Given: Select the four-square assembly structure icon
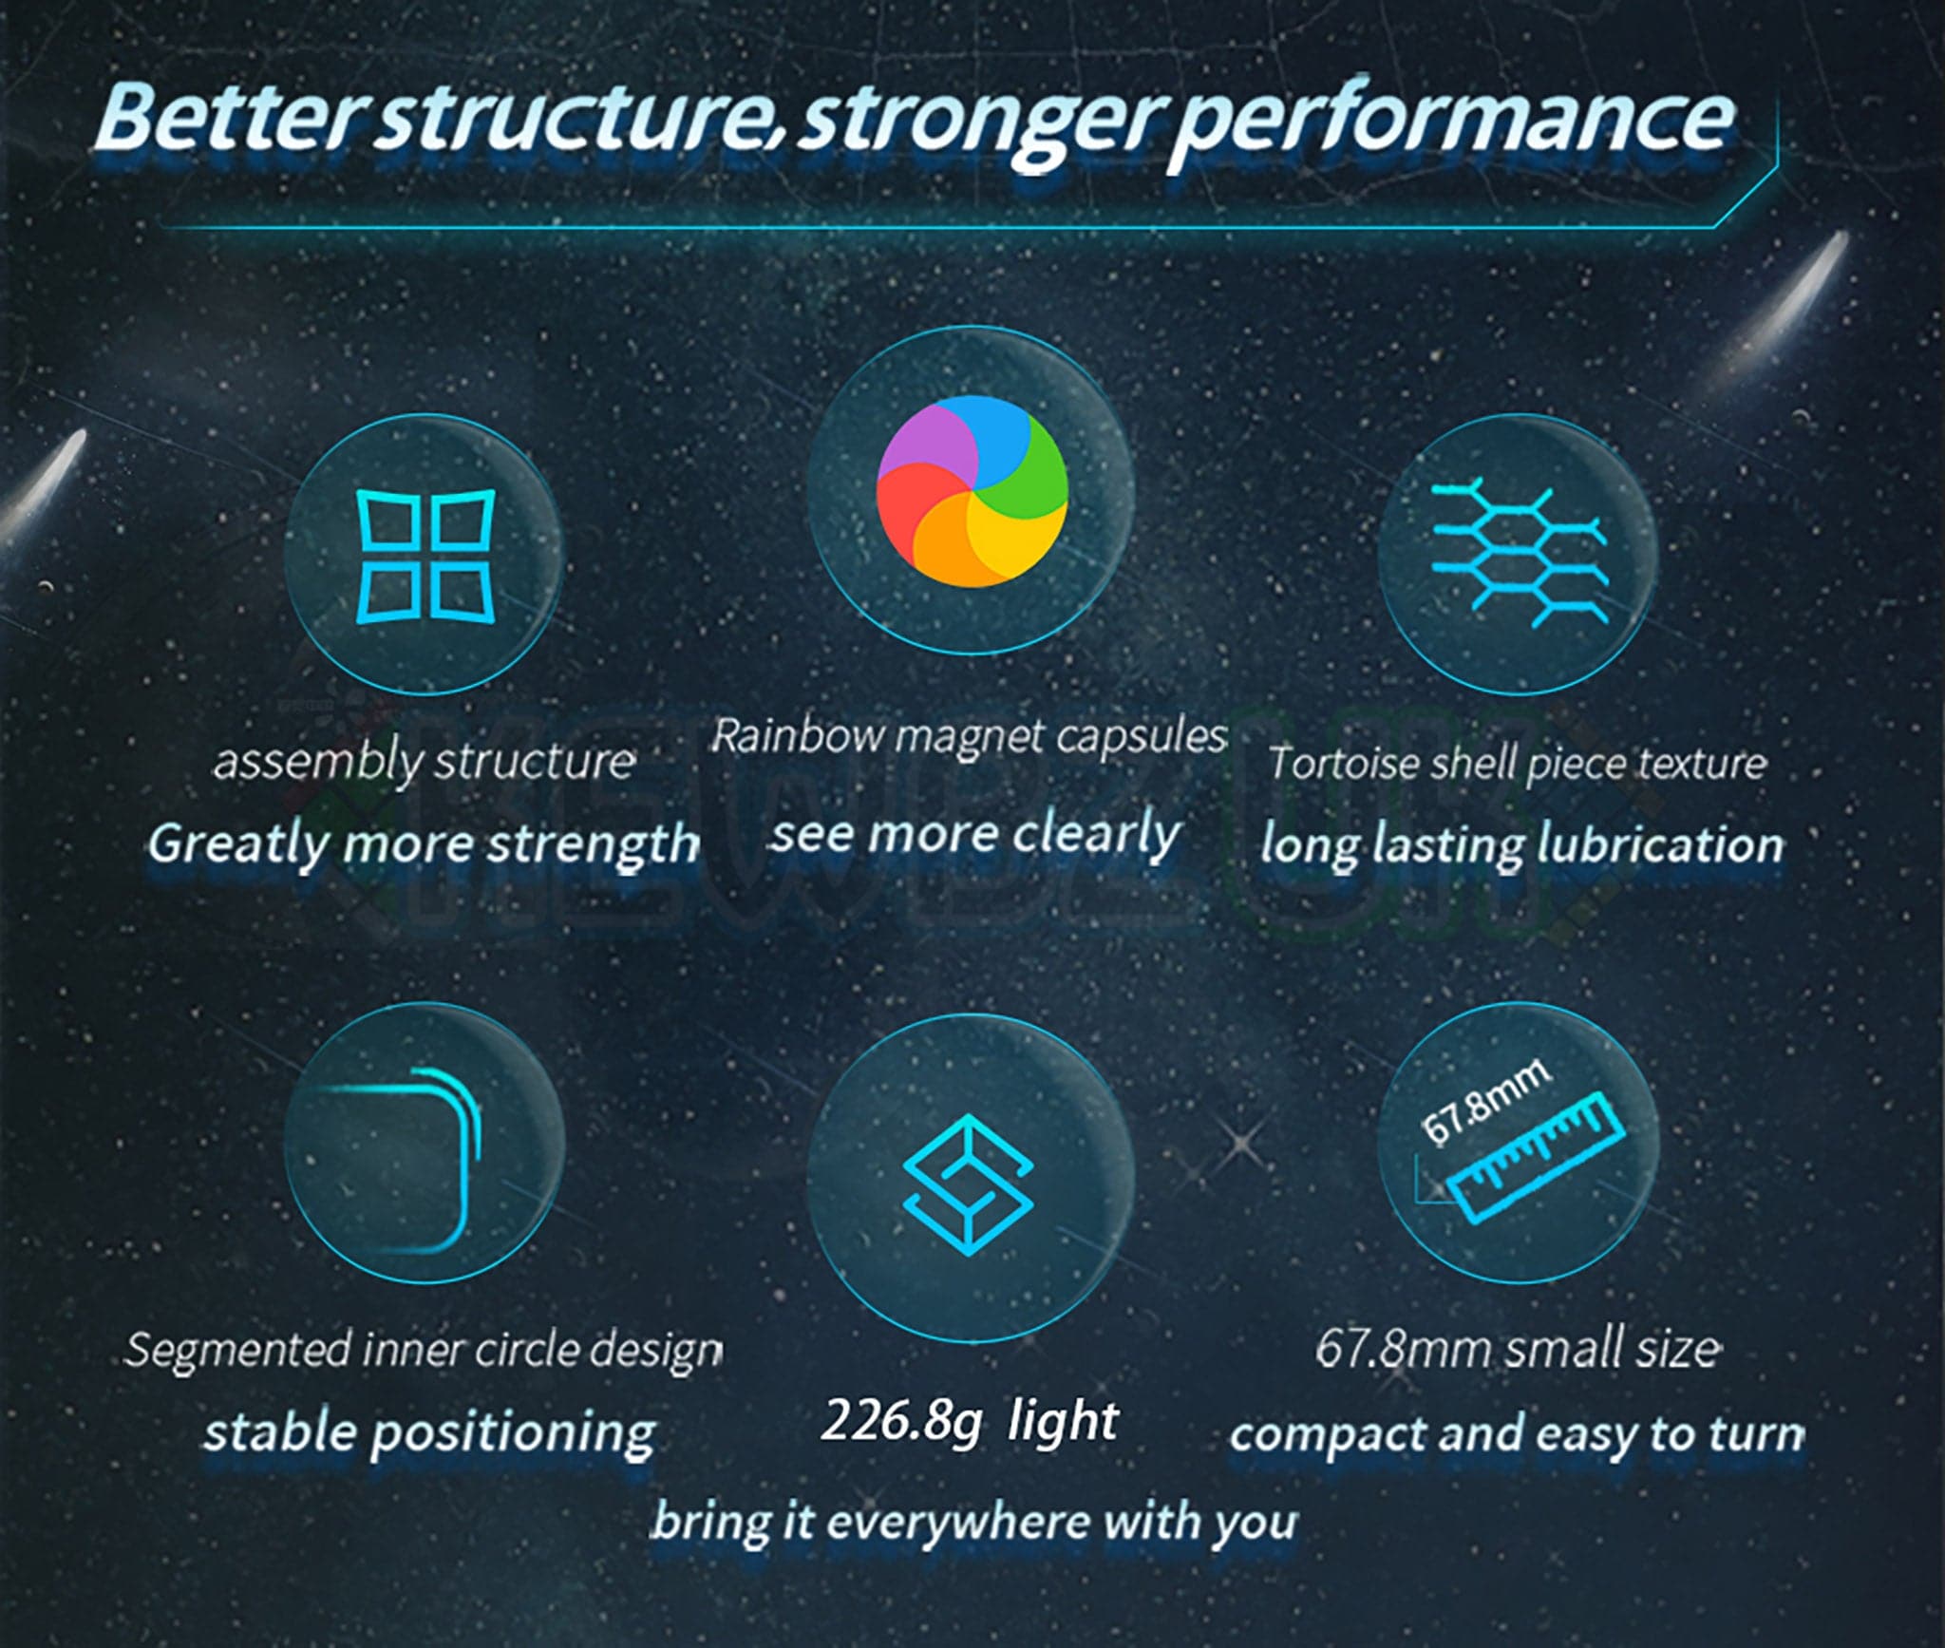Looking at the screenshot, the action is tap(425, 557).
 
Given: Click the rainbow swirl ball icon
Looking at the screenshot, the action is tap(972, 490).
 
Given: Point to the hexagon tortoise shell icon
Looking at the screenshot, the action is tap(1519, 554).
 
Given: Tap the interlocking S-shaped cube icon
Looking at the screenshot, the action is tap(968, 1184).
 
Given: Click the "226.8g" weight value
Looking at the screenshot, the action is tap(900, 1422).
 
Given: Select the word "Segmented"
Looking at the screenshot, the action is tap(237, 1350).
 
